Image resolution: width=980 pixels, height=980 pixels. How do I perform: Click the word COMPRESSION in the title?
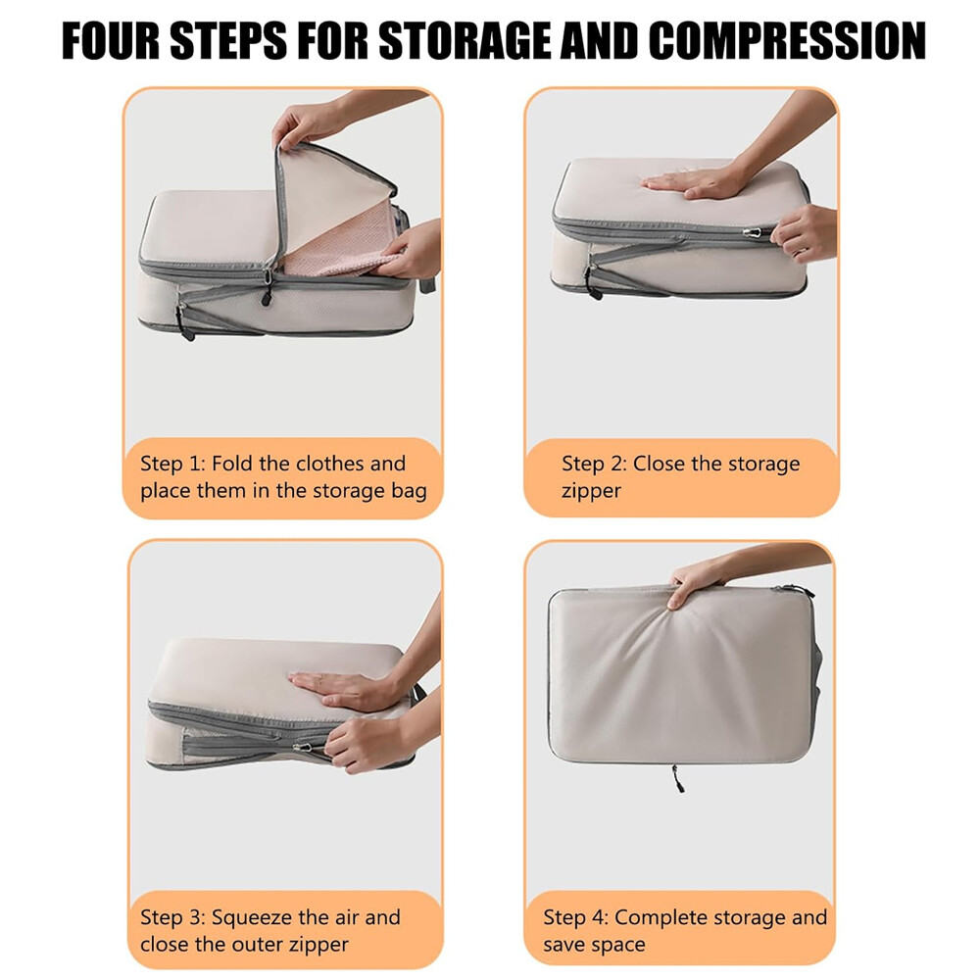tap(787, 41)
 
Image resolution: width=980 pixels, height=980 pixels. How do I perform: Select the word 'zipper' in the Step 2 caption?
tap(591, 491)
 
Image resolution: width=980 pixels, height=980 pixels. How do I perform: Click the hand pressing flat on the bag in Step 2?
tap(694, 181)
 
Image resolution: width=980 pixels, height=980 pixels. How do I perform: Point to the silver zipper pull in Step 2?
tap(753, 233)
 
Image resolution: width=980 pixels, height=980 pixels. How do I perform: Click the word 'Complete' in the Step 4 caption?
tap(661, 917)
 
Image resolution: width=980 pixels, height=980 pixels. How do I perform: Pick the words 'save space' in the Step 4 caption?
tap(595, 945)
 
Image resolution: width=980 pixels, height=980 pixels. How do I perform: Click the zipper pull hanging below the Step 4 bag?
tap(677, 778)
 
